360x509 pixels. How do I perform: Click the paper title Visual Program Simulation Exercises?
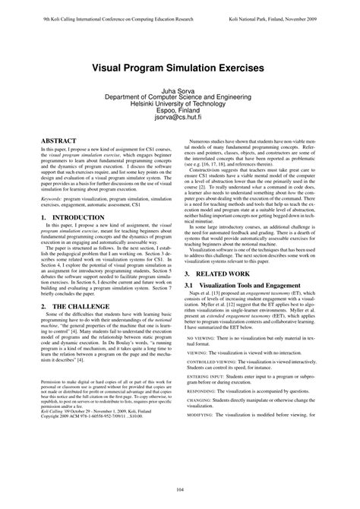179,68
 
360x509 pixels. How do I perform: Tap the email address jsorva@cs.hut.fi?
179,118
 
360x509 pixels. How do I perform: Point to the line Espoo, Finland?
179,110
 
